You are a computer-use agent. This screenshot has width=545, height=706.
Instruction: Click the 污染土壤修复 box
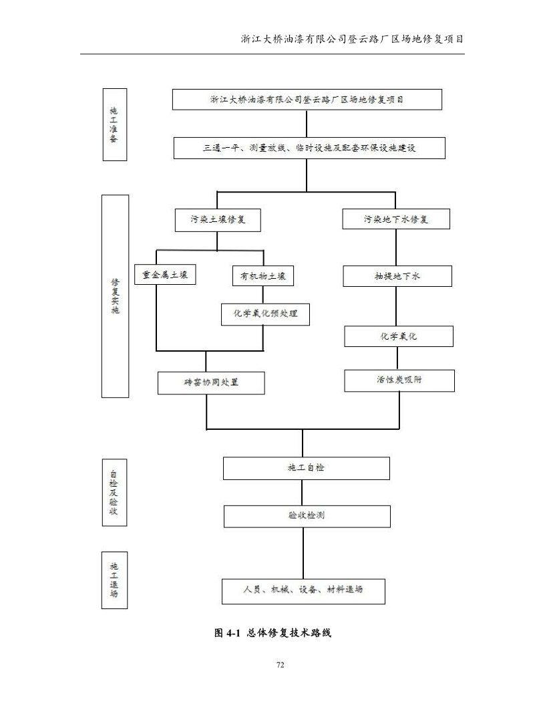216,220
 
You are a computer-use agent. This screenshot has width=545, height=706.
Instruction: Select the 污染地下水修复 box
395,219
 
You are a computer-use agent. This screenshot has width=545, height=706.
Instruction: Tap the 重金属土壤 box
165,274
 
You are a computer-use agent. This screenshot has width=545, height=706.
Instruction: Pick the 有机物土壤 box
263,276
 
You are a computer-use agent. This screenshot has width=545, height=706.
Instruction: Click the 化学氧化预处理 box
266,314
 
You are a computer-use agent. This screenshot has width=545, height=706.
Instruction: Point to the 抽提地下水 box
397,276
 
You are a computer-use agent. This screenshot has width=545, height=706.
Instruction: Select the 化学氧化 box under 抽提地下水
399,336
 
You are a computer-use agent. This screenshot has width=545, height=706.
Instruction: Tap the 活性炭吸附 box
399,380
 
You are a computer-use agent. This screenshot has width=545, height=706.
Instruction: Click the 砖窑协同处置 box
211,383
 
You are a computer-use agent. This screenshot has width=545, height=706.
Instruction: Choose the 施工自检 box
306,468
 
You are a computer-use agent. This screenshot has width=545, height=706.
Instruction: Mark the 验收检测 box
306,516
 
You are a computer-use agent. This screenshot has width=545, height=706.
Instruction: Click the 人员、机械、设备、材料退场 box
303,591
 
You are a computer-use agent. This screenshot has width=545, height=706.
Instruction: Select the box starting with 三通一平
309,148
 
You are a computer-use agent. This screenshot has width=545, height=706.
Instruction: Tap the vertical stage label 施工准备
114,125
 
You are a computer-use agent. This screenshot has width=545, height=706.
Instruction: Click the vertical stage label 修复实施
114,297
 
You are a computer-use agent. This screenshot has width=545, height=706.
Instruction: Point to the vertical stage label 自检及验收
114,491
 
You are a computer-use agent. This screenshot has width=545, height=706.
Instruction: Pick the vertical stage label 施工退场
114,580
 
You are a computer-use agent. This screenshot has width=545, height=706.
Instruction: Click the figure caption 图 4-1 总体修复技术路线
272,632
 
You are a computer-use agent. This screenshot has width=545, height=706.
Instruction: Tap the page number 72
280,665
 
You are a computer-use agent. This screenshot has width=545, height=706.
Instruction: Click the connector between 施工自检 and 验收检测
303,493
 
